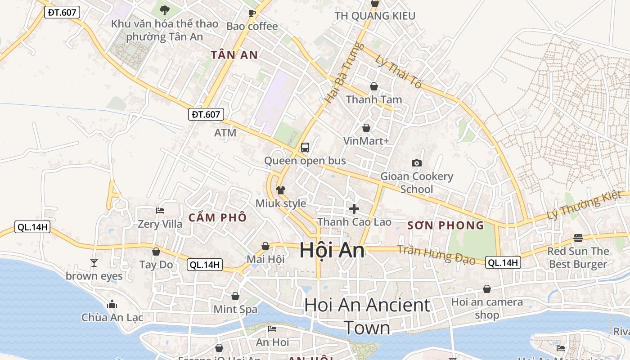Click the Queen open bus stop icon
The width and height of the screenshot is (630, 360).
(305, 147)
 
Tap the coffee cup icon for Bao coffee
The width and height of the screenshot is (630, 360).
(252, 13)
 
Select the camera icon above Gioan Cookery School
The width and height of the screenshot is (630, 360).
(417, 163)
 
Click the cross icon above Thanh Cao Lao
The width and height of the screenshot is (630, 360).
(354, 208)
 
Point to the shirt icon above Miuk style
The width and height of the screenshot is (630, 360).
(281, 190)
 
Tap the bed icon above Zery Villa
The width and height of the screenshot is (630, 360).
(160, 210)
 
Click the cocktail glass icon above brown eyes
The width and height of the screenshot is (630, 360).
(94, 262)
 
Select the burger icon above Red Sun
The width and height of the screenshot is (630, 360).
(578, 238)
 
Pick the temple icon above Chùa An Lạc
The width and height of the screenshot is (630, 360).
(112, 304)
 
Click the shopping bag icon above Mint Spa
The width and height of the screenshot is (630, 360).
(235, 296)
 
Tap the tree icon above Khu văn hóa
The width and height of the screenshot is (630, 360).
(165, 10)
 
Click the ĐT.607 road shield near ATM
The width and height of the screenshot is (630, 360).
(206, 114)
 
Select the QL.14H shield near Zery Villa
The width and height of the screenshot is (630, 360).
(32, 227)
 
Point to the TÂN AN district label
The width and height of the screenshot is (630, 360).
(234, 55)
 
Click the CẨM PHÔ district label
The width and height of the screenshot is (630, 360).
(217, 218)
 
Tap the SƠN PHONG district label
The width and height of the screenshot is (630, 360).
(445, 225)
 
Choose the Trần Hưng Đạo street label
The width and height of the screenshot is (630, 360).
(436, 254)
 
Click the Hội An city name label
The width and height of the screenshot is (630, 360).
(332, 250)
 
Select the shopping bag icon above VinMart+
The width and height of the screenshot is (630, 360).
(366, 128)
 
